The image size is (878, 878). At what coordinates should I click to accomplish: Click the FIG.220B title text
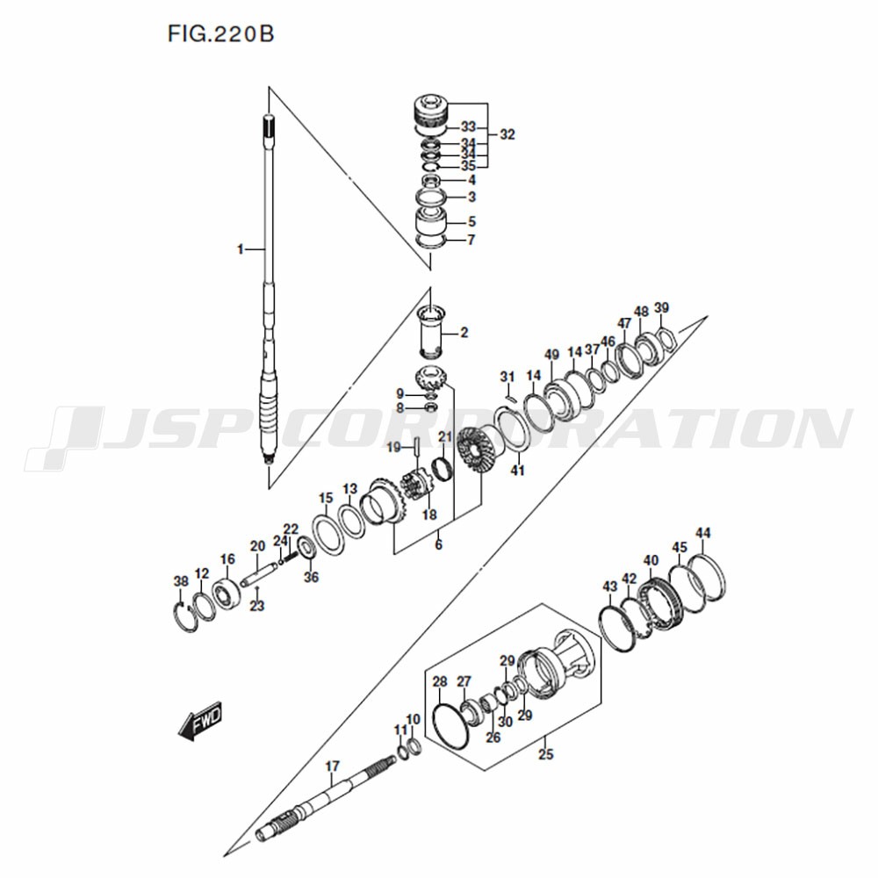pyautogui.click(x=220, y=34)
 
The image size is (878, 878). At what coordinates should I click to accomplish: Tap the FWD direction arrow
pyautogui.click(x=200, y=721)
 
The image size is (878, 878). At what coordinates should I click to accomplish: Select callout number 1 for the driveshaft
pyautogui.click(x=241, y=249)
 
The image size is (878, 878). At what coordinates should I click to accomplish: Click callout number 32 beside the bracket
pyautogui.click(x=507, y=134)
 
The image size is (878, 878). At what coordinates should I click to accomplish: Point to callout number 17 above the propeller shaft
pyautogui.click(x=332, y=766)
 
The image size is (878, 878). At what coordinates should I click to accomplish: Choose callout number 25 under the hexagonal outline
pyautogui.click(x=545, y=753)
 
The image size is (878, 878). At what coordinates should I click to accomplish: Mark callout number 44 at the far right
pyautogui.click(x=702, y=533)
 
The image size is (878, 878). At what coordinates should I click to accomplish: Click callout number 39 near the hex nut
pyautogui.click(x=661, y=308)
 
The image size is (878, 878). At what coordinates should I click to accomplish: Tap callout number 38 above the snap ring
pyautogui.click(x=181, y=582)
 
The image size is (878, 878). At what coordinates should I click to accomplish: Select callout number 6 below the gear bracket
pyautogui.click(x=438, y=543)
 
